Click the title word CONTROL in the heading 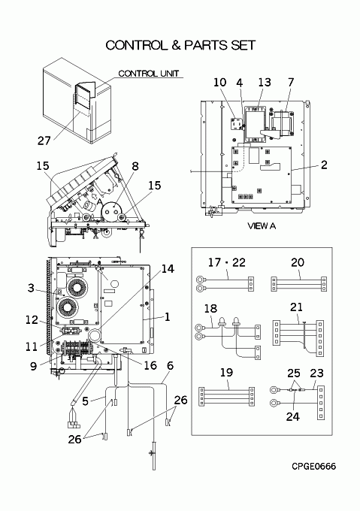pos(136,45)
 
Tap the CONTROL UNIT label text pos(149,74)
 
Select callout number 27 pos(44,141)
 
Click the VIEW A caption pos(262,226)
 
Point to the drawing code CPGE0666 pos(313,467)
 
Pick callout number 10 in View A pos(220,82)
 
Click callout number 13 pos(265,82)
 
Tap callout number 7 pos(291,82)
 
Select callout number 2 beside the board pos(324,165)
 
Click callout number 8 pos(135,166)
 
